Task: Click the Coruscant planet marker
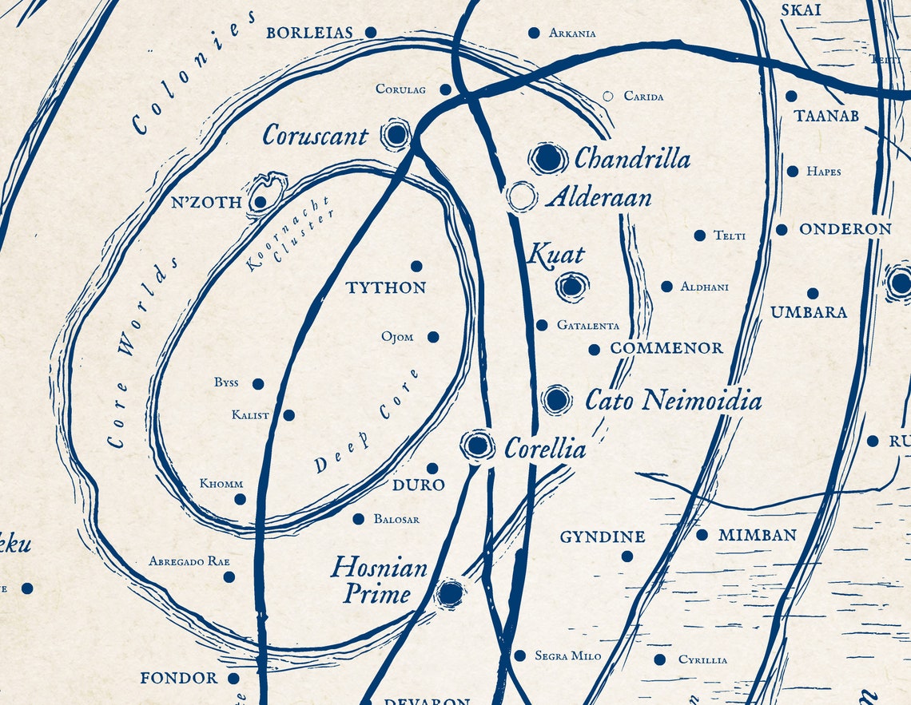[396, 135]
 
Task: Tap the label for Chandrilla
[631, 158]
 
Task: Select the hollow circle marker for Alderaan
[521, 196]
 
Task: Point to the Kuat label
[556, 255]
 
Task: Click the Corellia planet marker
[477, 446]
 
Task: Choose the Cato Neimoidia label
[673, 400]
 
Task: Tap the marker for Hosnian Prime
[451, 593]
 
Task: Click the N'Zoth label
[206, 203]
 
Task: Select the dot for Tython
[416, 267]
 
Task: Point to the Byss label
[226, 382]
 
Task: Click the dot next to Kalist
[288, 415]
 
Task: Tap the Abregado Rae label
[189, 561]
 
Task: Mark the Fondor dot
[233, 679]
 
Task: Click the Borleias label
[309, 33]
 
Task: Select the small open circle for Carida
[607, 96]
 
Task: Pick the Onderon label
[845, 229]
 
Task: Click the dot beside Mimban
[702, 535]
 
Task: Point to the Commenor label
[666, 348]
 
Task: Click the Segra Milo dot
[519, 655]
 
